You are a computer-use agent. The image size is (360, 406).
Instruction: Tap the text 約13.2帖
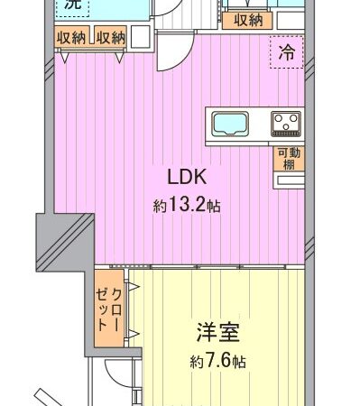[x=187, y=206]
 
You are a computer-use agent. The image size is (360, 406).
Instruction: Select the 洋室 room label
[x=218, y=333]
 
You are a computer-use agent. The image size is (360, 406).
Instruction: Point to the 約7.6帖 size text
[x=218, y=362]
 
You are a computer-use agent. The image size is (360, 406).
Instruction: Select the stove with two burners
[x=287, y=123]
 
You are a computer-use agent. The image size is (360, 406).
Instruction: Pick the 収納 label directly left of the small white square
[x=111, y=37]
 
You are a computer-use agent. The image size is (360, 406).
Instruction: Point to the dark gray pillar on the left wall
[x=59, y=239]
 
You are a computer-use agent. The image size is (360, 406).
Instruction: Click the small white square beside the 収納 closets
[x=141, y=37]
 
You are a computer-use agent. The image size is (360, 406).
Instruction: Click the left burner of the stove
[x=281, y=123]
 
